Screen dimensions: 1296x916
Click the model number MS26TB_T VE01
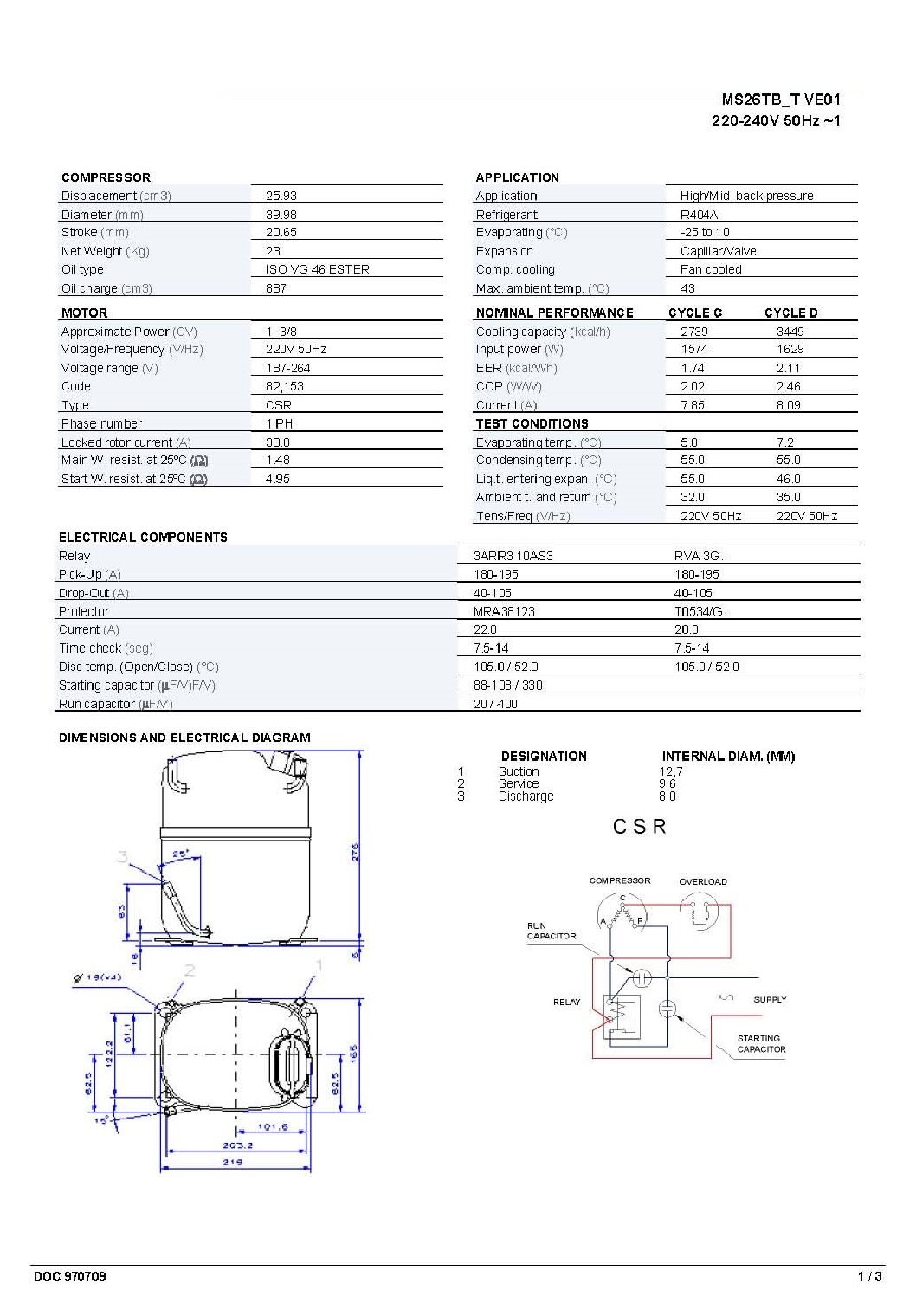click(x=780, y=100)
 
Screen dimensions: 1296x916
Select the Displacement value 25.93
click(x=281, y=196)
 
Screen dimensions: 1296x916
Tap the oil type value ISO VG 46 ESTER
click(x=317, y=269)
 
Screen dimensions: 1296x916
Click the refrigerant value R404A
click(x=699, y=215)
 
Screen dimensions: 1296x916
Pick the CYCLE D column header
click(x=790, y=313)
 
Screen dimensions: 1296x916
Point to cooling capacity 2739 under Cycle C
click(x=693, y=332)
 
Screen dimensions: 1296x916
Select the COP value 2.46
click(x=788, y=386)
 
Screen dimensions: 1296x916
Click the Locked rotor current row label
click(x=126, y=442)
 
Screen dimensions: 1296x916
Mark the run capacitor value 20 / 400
click(x=495, y=704)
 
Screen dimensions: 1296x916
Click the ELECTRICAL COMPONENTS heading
click(x=143, y=537)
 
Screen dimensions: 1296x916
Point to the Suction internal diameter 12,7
click(x=670, y=771)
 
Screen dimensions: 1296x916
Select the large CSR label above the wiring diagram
click(x=640, y=827)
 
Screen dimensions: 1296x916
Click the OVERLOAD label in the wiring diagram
click(x=702, y=881)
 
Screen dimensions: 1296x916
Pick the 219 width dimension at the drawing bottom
click(x=233, y=1162)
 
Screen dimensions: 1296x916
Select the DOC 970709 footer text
click(x=70, y=1276)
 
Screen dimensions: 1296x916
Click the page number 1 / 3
click(x=869, y=1276)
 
